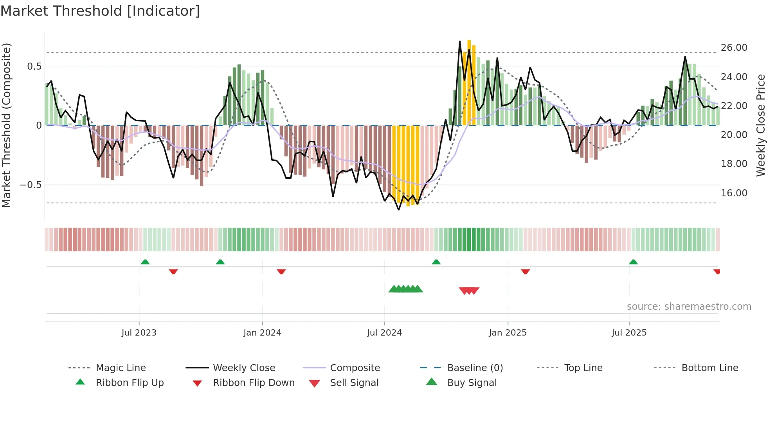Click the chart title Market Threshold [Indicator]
100,11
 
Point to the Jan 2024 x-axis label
262,333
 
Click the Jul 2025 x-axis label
629,333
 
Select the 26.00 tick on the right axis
734,48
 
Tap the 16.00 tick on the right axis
734,193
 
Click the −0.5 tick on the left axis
31,185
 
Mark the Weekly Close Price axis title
760,125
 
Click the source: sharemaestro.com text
689,306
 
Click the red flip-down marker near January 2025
525,271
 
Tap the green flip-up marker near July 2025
633,262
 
